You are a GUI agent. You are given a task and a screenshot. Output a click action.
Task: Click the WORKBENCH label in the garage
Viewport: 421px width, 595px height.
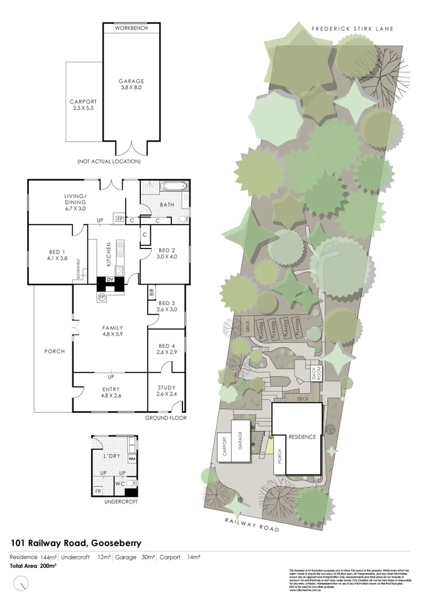pyautogui.click(x=132, y=28)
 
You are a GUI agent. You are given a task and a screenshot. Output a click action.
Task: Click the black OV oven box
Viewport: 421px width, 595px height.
pyautogui.click(x=110, y=279)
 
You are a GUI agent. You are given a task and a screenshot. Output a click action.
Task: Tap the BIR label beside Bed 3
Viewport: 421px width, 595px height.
pyautogui.click(x=152, y=292)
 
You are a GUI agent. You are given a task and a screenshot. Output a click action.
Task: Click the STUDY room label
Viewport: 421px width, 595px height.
pyautogui.click(x=167, y=391)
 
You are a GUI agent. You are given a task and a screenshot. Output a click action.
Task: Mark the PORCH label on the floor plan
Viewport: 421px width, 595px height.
pyautogui.click(x=54, y=351)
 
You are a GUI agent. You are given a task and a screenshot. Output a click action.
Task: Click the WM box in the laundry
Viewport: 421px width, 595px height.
pyautogui.click(x=132, y=458)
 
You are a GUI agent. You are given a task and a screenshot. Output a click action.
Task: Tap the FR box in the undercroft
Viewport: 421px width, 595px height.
pyautogui.click(x=98, y=490)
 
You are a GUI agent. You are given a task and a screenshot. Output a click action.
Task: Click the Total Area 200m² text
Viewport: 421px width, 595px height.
pyautogui.click(x=33, y=566)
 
